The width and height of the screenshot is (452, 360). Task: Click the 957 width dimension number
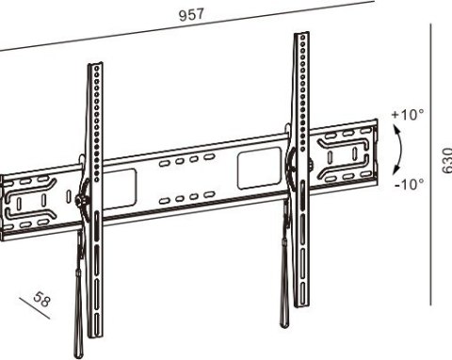[191, 14]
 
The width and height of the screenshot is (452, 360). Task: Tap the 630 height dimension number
[446, 160]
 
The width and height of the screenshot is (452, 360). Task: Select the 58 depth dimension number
[41, 299]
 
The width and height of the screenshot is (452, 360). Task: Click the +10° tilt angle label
[408, 114]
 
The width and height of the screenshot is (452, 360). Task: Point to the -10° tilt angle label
[410, 184]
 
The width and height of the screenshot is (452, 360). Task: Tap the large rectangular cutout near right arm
[259, 168]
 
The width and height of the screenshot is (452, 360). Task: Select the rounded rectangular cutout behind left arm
[120, 189]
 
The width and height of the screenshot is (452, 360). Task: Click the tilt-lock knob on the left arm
[79, 200]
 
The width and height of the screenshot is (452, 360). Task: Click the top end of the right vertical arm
[301, 33]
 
